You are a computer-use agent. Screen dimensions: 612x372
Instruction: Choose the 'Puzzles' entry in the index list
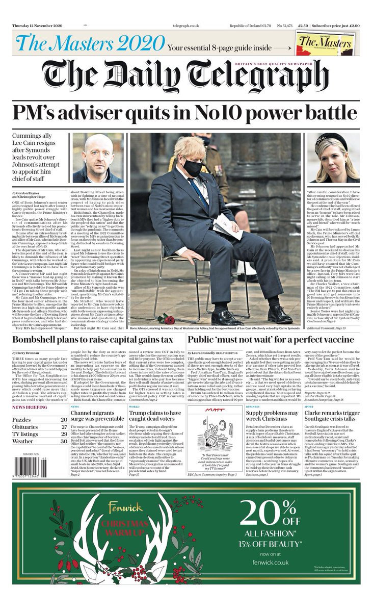22,405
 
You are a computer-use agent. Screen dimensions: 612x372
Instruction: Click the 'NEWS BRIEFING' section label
31,394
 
